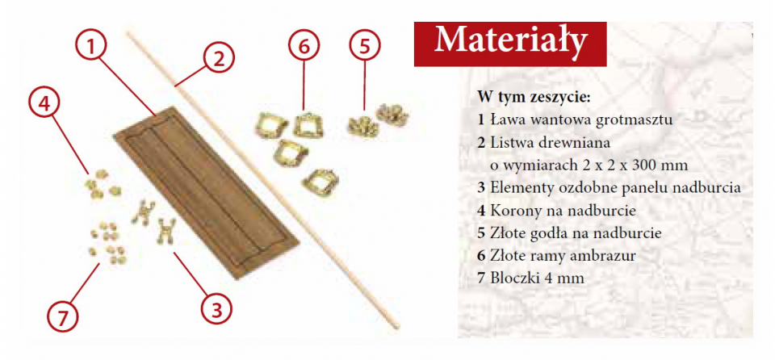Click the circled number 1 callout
click(90, 45)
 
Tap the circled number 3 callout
click(216, 310)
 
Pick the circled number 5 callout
click(365, 45)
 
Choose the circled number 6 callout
click(304, 45)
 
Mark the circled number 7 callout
click(63, 316)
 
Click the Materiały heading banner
click(510, 44)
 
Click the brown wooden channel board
click(206, 192)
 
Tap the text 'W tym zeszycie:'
click(534, 96)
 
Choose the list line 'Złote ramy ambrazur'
click(556, 255)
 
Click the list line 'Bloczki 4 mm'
click(531, 278)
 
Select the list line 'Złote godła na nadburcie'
click(569, 233)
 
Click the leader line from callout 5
click(365, 85)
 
